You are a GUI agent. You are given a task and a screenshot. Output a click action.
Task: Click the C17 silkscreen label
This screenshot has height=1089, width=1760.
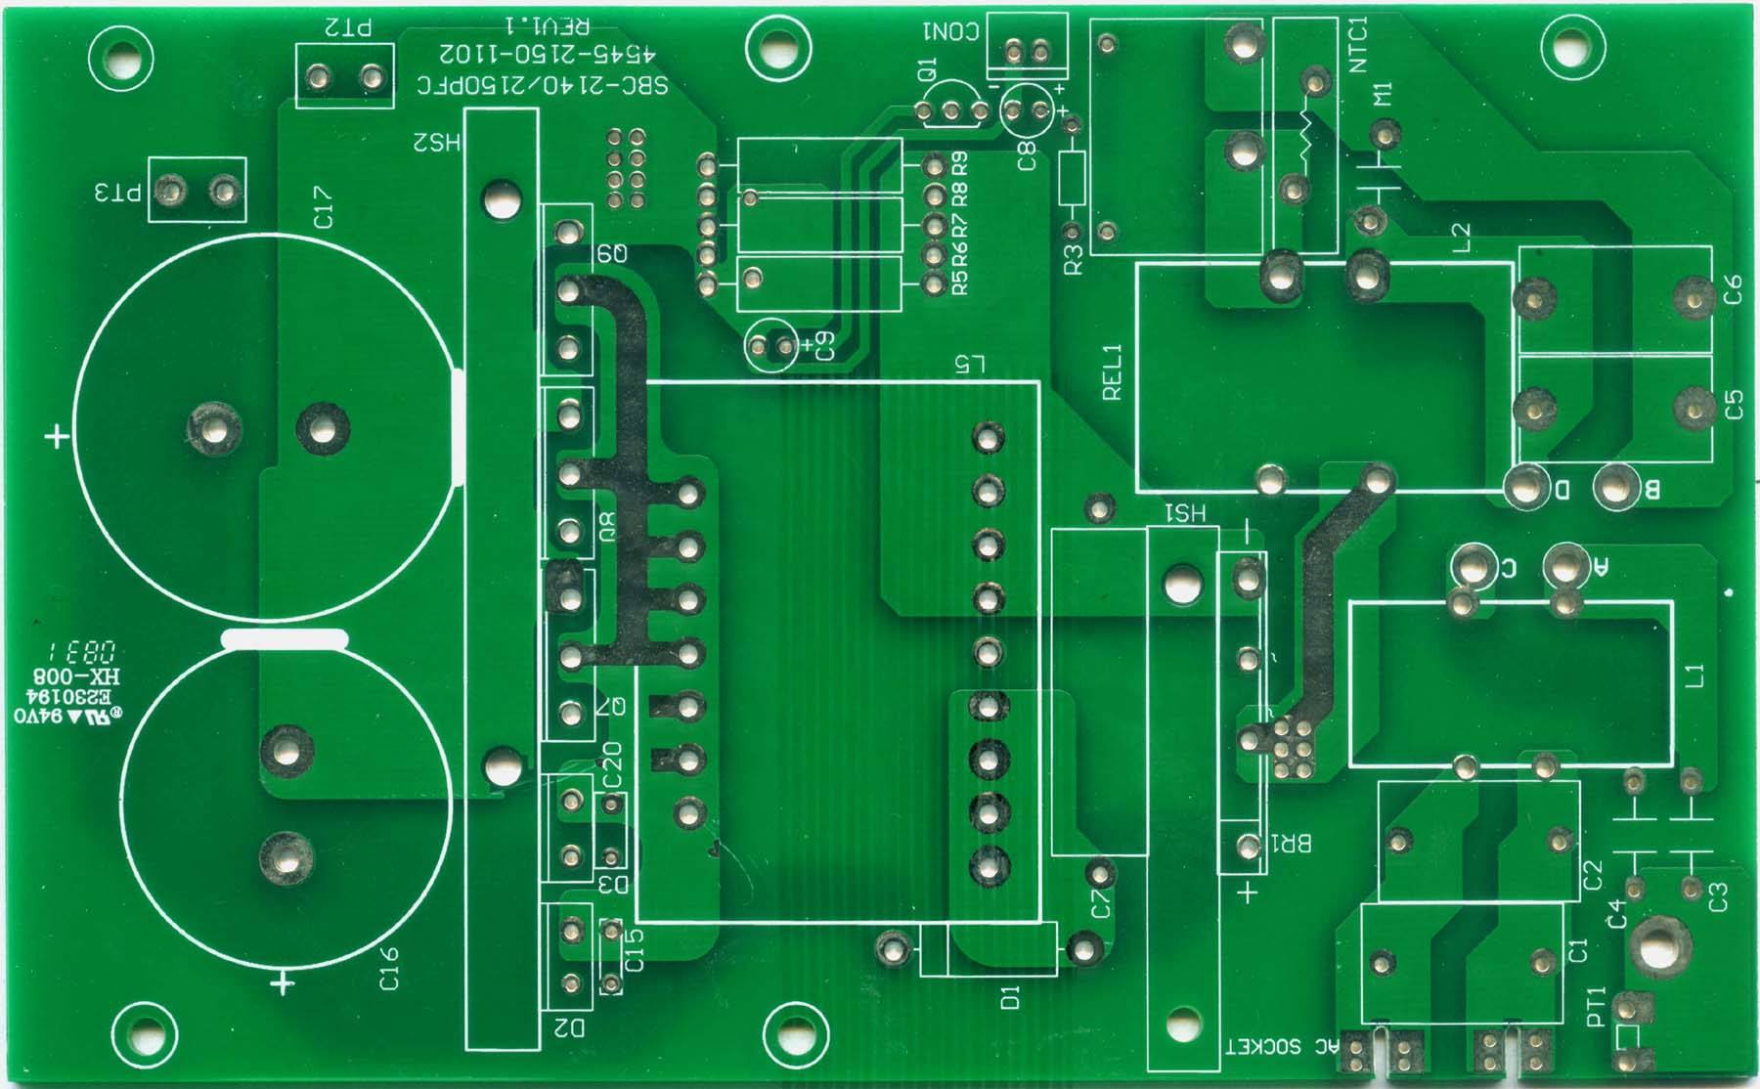pos(324,208)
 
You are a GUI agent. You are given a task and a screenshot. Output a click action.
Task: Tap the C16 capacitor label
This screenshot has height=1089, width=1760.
pos(389,967)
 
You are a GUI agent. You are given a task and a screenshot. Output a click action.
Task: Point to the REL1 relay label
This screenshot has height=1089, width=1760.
pos(1113,371)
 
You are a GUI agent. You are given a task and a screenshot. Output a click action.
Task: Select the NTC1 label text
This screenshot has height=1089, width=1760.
pos(1358,44)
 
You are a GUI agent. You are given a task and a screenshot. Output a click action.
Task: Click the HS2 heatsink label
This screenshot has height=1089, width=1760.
pos(436,143)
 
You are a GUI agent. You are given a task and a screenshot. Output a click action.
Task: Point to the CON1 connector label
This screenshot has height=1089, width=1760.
pos(949,31)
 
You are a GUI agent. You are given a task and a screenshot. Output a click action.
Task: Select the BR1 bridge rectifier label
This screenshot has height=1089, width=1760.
pos(1290,843)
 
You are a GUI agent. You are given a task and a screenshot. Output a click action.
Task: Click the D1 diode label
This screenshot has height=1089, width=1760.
pos(1010,997)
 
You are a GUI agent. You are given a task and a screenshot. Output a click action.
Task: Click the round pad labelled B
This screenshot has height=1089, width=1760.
pos(1614,487)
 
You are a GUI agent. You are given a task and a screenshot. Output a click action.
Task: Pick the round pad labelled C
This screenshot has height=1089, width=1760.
pos(1471,566)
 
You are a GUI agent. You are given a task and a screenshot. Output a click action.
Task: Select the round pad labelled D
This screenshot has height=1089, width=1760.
pos(1525,487)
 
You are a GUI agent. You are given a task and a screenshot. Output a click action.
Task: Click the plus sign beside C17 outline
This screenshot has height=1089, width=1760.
pos(58,435)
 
